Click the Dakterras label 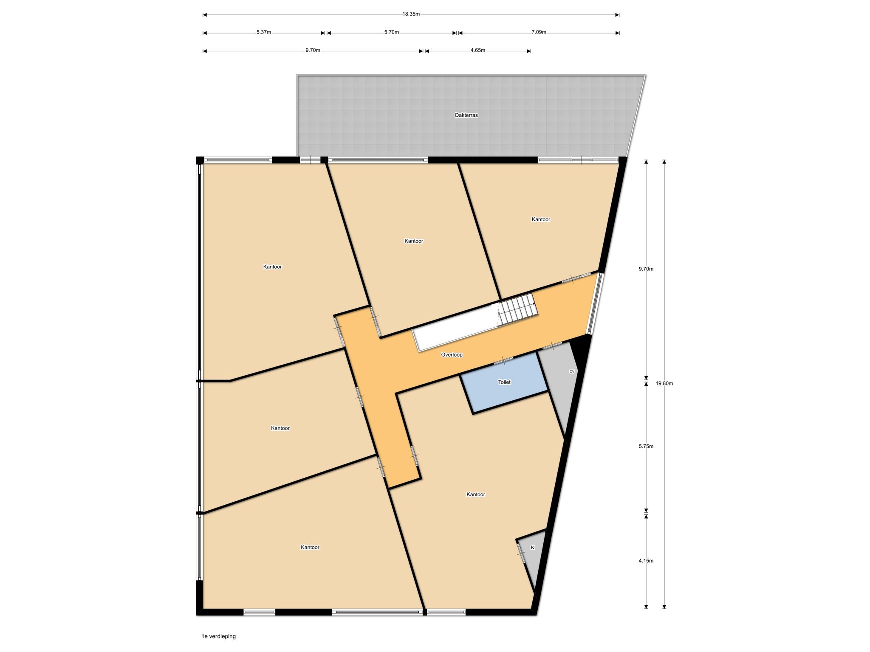coord(466,115)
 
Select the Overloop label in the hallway coord(452,355)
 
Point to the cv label coord(572,371)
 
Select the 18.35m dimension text coord(411,14)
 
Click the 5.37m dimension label coord(263,32)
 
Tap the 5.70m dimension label coord(391,32)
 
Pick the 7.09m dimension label coord(539,32)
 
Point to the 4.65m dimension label coord(477,50)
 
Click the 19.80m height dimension coord(664,383)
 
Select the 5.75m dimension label coord(646,446)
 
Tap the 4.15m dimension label coord(646,561)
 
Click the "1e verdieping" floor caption coord(218,636)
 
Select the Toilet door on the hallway coord(503,361)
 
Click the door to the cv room coord(552,346)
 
